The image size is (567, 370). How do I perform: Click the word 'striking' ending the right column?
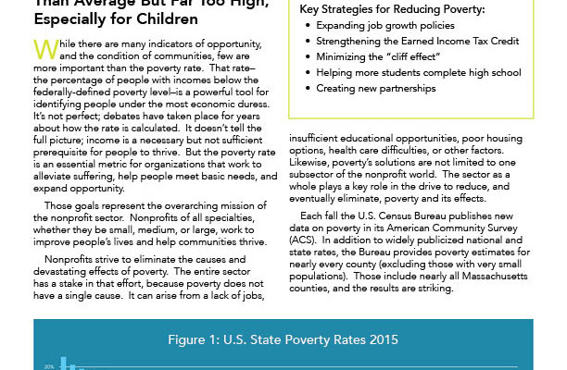431,288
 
